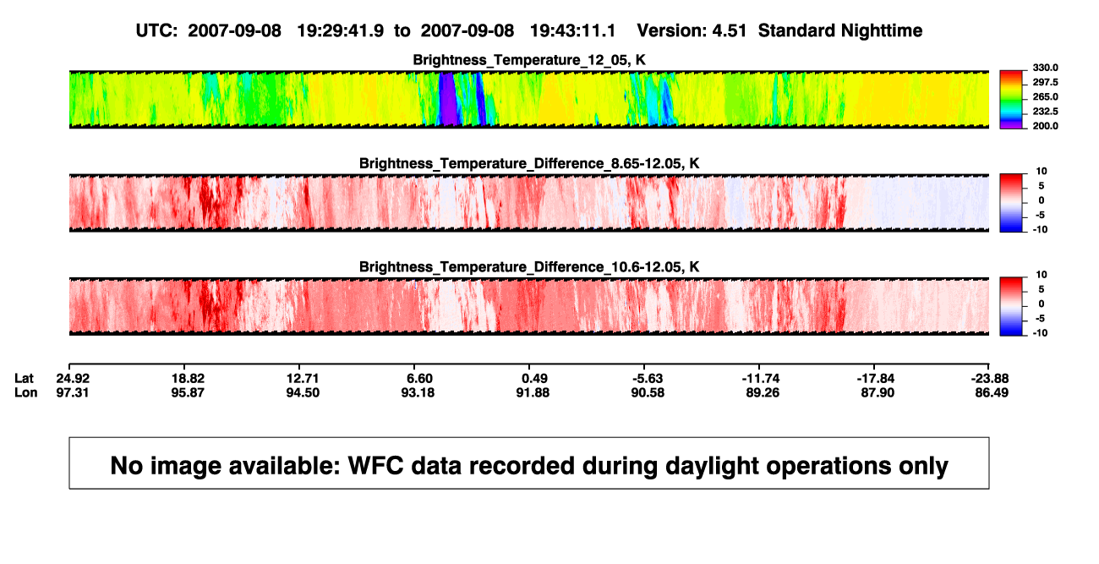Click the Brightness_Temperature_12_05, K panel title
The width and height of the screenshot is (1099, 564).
529,60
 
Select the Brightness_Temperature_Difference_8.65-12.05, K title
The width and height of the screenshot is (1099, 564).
529,163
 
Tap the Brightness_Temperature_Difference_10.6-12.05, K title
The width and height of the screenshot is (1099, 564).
529,267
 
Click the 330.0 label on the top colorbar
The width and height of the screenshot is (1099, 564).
1045,68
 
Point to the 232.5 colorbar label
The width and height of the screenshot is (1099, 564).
1045,112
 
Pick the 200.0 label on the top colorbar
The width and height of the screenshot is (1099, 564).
1045,126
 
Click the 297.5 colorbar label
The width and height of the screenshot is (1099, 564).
1045,83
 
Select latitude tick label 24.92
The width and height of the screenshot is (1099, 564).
73,379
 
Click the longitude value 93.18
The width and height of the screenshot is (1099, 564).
418,392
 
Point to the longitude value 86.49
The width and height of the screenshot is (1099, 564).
992,392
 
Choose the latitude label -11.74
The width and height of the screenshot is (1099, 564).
761,379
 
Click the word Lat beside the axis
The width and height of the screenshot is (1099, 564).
24,379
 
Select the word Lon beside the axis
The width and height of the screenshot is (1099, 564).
26,392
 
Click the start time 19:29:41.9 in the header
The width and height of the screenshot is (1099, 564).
341,31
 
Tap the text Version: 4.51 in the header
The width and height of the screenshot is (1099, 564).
692,31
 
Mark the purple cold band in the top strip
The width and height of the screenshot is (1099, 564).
448,99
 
